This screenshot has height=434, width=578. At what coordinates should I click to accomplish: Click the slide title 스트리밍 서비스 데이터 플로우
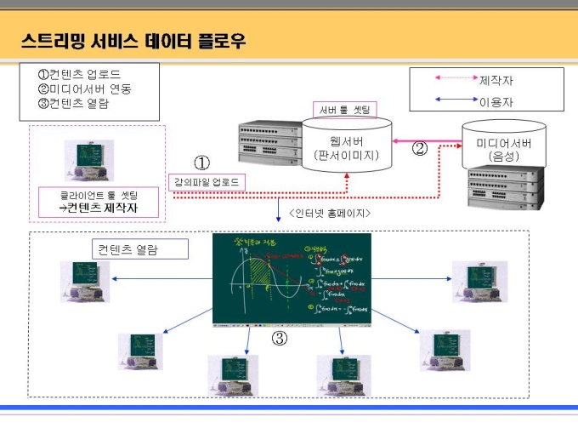pos(133,40)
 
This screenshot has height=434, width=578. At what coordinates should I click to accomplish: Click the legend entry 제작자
pos(496,80)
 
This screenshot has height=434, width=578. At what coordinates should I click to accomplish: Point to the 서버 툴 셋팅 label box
pos(344,110)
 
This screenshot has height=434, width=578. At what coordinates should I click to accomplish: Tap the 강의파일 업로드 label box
pos(207,182)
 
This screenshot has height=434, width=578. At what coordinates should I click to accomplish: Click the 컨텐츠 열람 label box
pos(127,249)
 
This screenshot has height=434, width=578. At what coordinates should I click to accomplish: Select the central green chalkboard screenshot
pos(292,279)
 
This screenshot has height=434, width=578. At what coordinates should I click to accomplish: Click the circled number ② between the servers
pos(419,149)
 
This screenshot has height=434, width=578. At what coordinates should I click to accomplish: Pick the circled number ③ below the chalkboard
pos(280,339)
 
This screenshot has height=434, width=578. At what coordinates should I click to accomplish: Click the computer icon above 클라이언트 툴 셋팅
pos(88,159)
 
